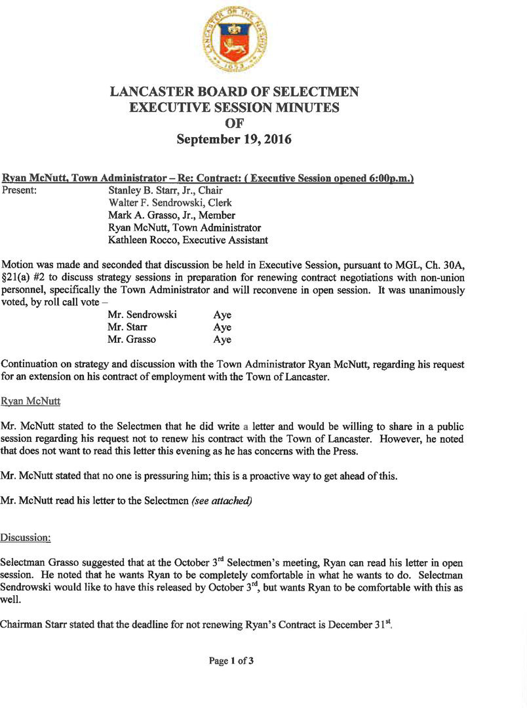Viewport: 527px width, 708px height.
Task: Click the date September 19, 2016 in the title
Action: point(235,140)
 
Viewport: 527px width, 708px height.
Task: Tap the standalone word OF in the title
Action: point(235,123)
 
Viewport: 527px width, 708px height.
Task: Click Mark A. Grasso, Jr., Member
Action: point(172,216)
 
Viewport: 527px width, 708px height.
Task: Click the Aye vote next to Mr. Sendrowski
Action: point(222,315)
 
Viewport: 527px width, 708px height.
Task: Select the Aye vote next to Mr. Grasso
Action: point(222,340)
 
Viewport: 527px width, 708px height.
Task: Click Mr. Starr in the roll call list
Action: point(128,328)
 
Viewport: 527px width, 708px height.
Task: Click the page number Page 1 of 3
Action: point(231,661)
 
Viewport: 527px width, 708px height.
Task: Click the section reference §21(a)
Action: point(18,277)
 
